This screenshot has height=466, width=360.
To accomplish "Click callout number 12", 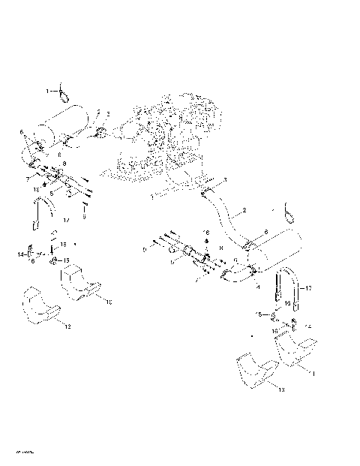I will pos(67,327).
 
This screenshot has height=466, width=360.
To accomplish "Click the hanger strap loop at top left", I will pos(64,92).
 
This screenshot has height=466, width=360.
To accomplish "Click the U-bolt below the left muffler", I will pos(43,215).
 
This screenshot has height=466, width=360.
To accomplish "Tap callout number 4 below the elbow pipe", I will pos(259,285).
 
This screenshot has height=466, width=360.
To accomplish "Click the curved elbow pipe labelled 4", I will pos(238,274).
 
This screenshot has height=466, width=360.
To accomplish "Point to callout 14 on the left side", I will pos(20,255).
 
